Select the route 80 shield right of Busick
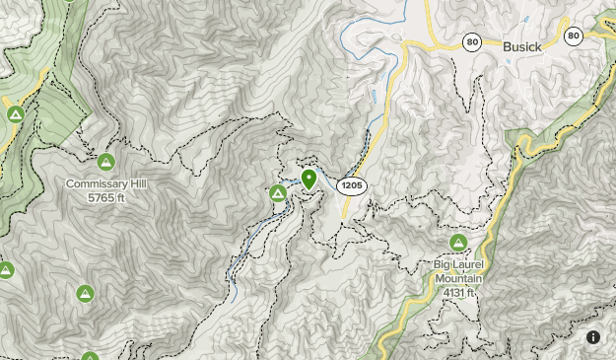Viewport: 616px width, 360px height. coord(574,36)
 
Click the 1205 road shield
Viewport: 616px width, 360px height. coord(351,185)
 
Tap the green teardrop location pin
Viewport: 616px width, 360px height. coord(308,179)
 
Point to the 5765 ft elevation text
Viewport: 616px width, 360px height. coord(105,197)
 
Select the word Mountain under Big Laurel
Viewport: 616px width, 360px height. coord(458,278)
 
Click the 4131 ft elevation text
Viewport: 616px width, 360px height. coord(458,292)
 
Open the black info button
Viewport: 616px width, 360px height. coord(593,337)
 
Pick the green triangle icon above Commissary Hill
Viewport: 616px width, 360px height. coord(105,161)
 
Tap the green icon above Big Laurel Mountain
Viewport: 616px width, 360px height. coord(458,243)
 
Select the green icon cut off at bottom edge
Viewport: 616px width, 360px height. coord(90,356)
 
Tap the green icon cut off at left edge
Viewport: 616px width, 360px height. coord(5,269)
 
